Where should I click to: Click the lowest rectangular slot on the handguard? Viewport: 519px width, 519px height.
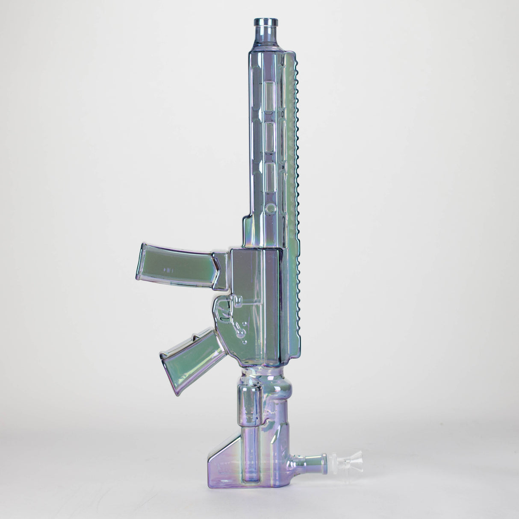tap(270, 175)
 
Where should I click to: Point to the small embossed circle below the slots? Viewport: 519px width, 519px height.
tap(270, 208)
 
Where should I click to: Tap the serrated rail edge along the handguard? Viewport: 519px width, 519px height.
tap(294, 171)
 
